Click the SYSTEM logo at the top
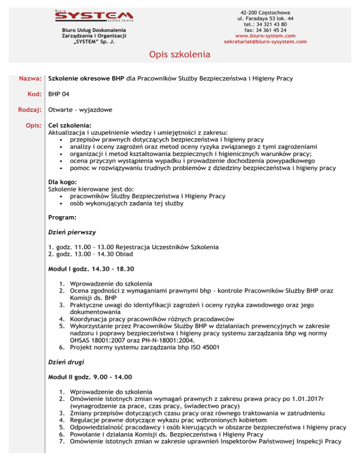point(93,17)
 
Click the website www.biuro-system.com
point(265,36)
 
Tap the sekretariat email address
point(265,42)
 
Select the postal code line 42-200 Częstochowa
point(265,11)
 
